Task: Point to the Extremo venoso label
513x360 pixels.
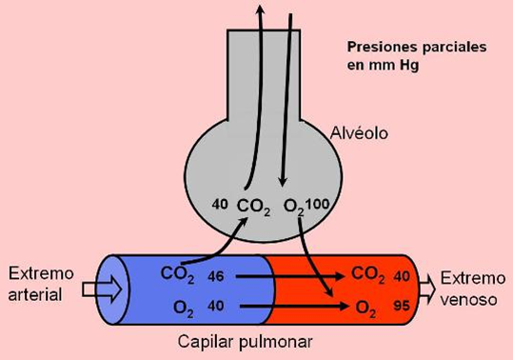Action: pyautogui.click(x=473, y=286)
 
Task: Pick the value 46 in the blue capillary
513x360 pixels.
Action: pyautogui.click(x=217, y=275)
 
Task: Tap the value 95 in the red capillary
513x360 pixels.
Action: pyautogui.click(x=400, y=308)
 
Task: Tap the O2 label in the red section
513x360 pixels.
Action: pyautogui.click(x=367, y=307)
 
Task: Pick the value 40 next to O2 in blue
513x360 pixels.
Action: pyautogui.click(x=217, y=307)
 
